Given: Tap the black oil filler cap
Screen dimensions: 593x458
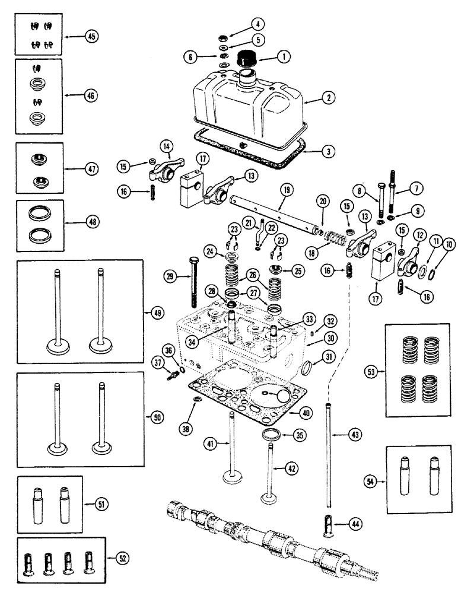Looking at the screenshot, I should point(247,60).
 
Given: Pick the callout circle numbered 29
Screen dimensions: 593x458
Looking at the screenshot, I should point(170,276).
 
